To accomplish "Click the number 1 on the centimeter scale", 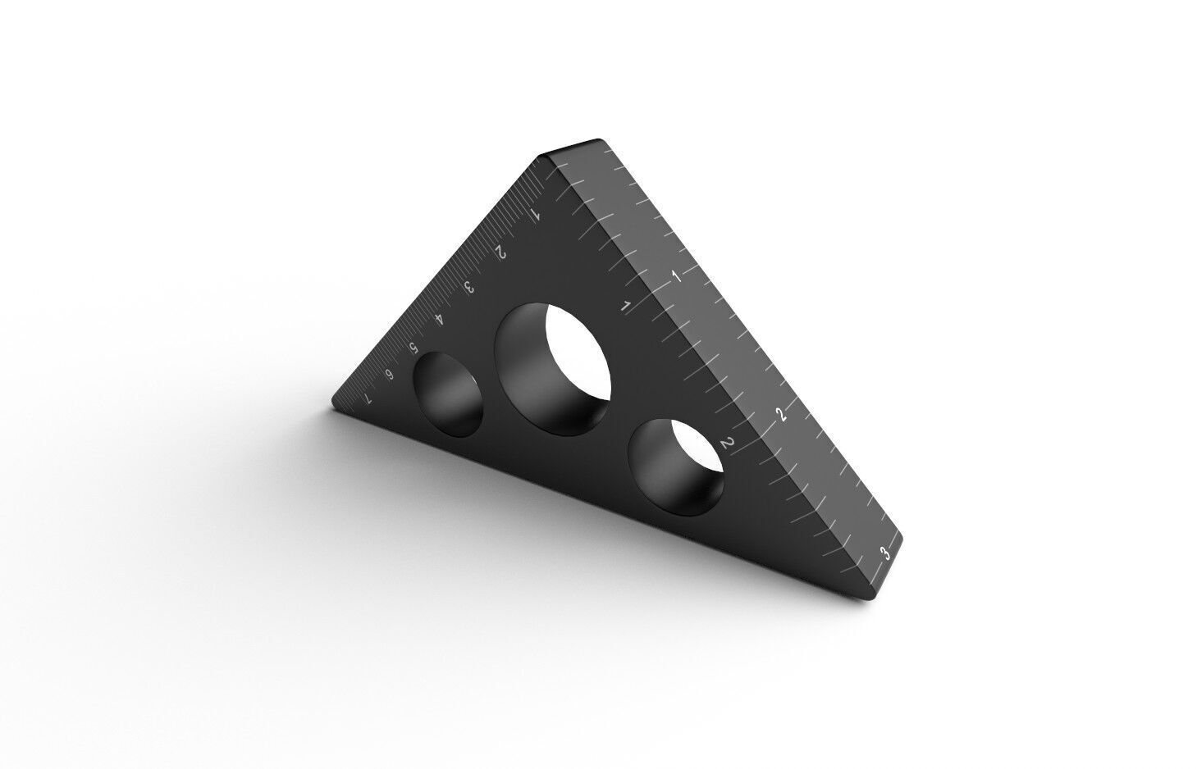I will click(x=534, y=216).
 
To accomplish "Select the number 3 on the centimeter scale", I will click(x=469, y=288).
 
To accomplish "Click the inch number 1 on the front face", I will click(x=626, y=307).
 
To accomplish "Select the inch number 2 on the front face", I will click(x=725, y=444).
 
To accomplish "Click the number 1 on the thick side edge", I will click(x=677, y=275).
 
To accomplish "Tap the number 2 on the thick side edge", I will click(x=782, y=415).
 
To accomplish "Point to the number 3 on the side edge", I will click(x=884, y=553).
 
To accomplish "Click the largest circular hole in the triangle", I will click(x=555, y=366).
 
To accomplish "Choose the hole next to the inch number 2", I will click(x=676, y=467).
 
